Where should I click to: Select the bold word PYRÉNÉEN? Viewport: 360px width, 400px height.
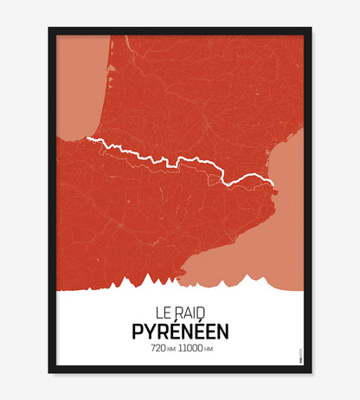click(x=180, y=330)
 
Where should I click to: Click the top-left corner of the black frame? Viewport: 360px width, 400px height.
click(x=50, y=29)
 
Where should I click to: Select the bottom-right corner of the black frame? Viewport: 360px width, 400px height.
click(x=311, y=373)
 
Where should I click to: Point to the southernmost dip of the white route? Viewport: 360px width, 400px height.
click(x=230, y=184)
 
